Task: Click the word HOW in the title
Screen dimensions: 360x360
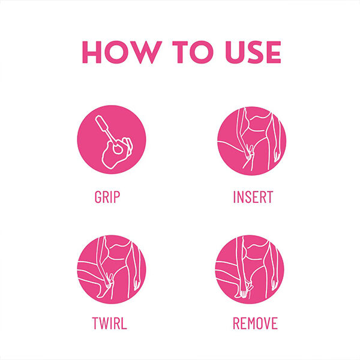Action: (122, 52)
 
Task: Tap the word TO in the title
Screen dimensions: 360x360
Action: (193, 52)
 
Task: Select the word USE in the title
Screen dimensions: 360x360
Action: (253, 52)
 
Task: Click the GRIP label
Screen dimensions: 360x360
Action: (107, 197)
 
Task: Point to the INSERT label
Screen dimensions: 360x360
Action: (253, 197)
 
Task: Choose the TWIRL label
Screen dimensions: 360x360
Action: (110, 323)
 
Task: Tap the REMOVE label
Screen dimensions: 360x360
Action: (256, 323)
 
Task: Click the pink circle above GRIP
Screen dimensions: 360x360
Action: (112, 140)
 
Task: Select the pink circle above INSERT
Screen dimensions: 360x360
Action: (252, 140)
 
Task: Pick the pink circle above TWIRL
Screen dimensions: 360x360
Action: (112, 269)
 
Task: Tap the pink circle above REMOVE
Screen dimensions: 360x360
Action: (250, 269)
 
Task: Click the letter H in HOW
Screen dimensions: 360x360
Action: (92, 52)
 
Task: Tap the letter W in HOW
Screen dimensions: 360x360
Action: (147, 52)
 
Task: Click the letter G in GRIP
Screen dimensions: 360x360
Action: (98, 197)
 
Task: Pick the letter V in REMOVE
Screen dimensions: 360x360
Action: (268, 323)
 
